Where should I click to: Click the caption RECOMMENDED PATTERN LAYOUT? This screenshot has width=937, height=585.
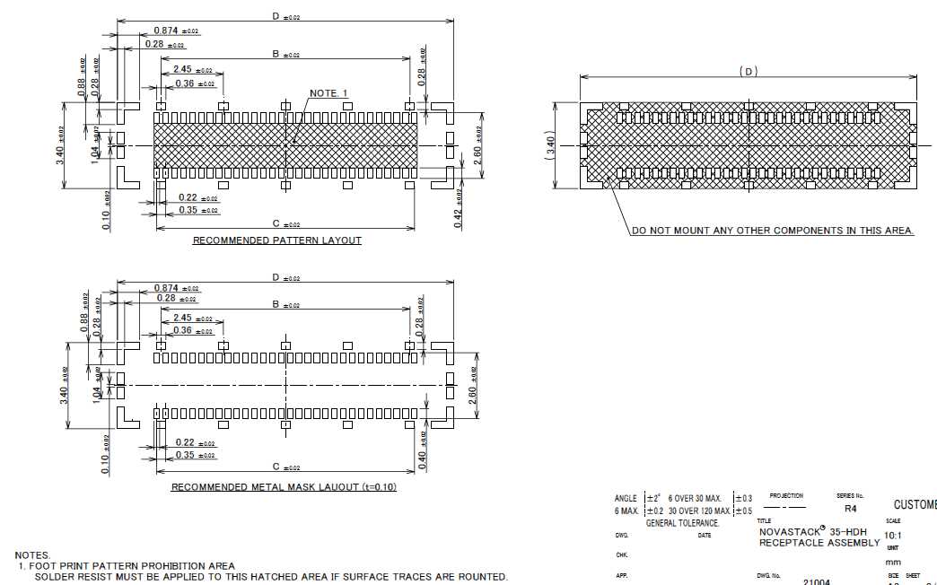tap(277, 240)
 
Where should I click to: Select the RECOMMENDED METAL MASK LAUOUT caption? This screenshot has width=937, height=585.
tap(284, 487)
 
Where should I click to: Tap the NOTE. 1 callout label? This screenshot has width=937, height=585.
tap(328, 93)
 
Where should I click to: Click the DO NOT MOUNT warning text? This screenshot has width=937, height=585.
tap(772, 231)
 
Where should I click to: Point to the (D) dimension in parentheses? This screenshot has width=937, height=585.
tap(749, 71)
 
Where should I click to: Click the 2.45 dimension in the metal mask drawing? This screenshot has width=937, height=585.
tap(183, 318)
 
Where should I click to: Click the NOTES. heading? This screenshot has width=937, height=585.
tap(33, 555)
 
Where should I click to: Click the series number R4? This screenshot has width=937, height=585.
tap(851, 507)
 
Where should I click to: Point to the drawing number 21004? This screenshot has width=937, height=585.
tap(817, 581)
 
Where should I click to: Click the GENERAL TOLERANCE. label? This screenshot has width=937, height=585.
tap(682, 523)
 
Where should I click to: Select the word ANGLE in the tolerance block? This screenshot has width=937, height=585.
tap(626, 498)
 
